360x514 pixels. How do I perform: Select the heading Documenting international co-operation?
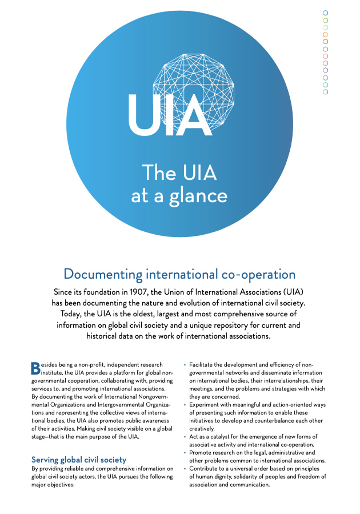click(x=179, y=274)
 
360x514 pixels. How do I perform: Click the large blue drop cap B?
click(x=35, y=368)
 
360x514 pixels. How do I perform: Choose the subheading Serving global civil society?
click(x=79, y=459)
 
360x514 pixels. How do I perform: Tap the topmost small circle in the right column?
click(x=326, y=13)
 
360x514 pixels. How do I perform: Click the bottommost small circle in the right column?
click(x=326, y=91)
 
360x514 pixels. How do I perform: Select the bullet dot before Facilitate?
click(x=185, y=364)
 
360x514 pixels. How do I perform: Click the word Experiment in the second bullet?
click(x=206, y=404)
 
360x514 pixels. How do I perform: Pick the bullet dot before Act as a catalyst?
click(x=185, y=436)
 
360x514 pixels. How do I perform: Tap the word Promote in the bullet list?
click(x=202, y=452)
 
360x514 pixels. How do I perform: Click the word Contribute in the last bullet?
click(x=205, y=468)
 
